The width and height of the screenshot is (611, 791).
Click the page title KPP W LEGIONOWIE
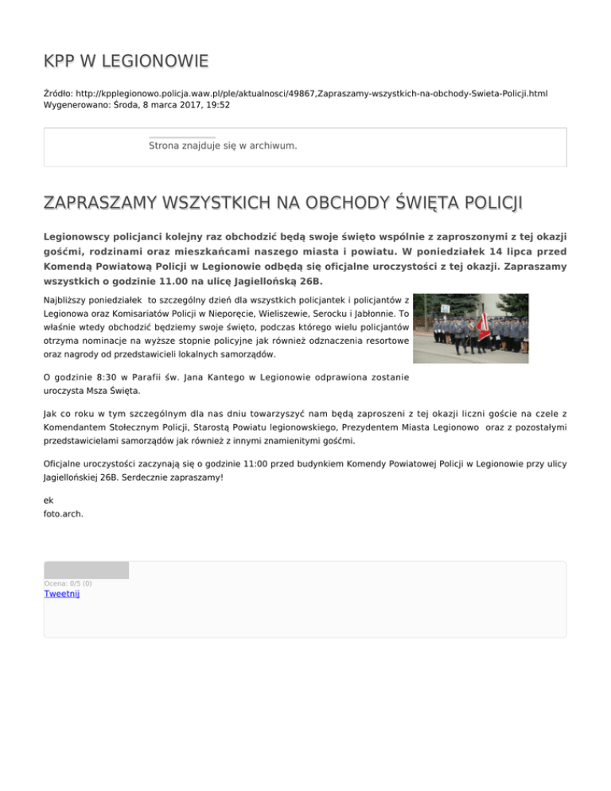point(126,60)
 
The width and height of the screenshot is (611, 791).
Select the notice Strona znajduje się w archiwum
point(223,146)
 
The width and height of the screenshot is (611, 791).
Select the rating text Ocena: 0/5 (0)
point(68,583)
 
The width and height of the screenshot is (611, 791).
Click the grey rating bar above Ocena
point(86,570)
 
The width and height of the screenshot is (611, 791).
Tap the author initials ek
point(49,501)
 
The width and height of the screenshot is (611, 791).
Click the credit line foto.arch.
point(64,514)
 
